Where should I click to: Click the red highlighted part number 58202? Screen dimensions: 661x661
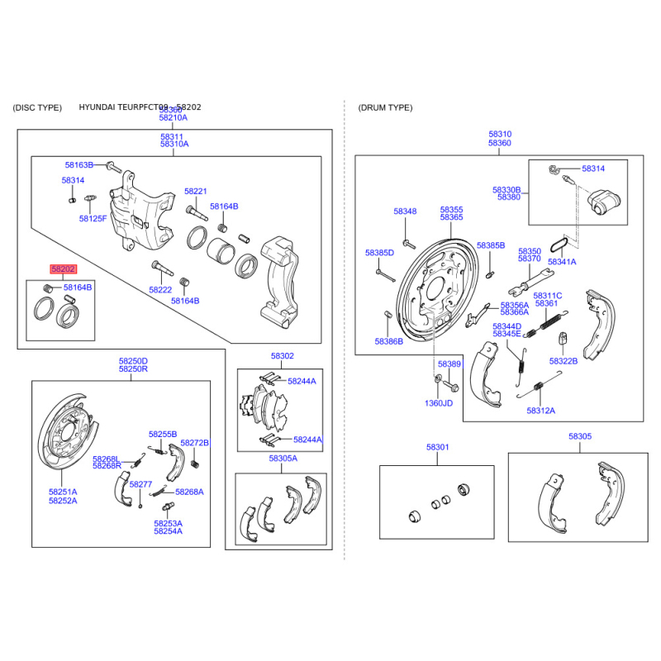click(x=64, y=269)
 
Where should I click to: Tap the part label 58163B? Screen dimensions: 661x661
click(x=79, y=165)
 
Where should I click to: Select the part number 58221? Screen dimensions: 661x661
click(x=196, y=190)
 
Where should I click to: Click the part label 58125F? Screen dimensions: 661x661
click(x=93, y=219)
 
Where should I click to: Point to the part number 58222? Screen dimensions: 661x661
click(x=160, y=290)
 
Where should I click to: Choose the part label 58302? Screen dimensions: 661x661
click(x=282, y=355)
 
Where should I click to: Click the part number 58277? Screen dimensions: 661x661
click(x=141, y=484)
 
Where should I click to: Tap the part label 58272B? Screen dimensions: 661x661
click(x=195, y=443)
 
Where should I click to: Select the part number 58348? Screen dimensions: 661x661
click(x=405, y=212)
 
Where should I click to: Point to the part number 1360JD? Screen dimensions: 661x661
click(x=439, y=403)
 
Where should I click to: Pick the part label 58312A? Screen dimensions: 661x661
click(x=541, y=411)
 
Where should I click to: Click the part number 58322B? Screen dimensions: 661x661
click(x=564, y=361)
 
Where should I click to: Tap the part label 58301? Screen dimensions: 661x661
click(x=437, y=447)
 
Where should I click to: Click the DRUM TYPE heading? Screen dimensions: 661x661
click(x=385, y=108)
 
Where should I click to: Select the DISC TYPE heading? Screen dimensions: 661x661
click(x=37, y=108)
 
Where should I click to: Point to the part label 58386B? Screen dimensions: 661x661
click(x=388, y=340)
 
